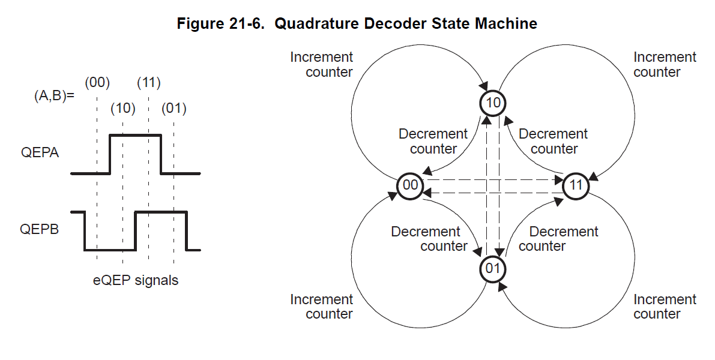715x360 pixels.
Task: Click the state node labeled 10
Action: [493, 103]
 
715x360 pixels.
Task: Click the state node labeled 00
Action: [410, 185]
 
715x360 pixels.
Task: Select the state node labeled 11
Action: [576, 185]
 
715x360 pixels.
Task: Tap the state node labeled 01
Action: [493, 268]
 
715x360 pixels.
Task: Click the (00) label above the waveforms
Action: [97, 83]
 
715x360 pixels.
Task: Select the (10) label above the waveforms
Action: [122, 109]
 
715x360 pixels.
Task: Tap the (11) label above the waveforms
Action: [148, 83]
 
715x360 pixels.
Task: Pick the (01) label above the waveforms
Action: [174, 109]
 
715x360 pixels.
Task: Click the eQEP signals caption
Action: [135, 280]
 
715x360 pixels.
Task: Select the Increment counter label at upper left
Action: [322, 64]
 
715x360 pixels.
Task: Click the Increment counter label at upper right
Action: [665, 64]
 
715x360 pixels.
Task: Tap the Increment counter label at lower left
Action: [322, 306]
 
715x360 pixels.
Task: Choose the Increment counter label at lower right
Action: [665, 306]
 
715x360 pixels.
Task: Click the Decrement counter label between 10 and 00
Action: [433, 141]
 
